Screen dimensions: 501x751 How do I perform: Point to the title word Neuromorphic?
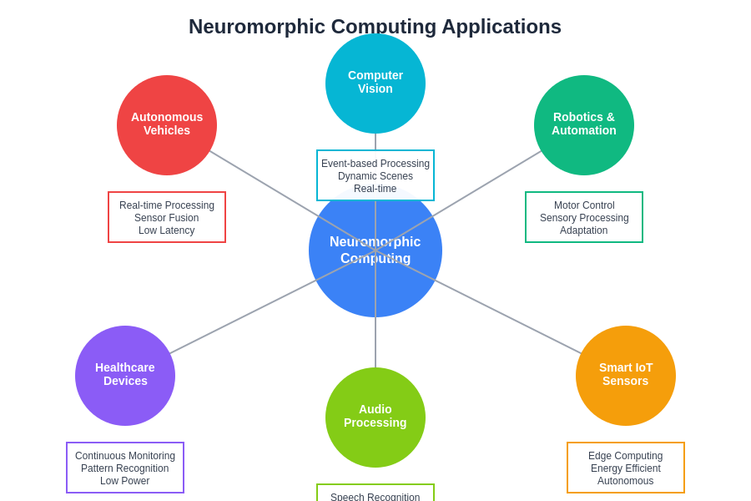[256, 27]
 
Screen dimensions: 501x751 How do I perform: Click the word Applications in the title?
[501, 27]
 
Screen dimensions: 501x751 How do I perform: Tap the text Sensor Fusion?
[167, 218]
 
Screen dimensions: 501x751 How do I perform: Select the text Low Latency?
[167, 230]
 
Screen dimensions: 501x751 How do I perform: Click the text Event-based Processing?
[375, 164]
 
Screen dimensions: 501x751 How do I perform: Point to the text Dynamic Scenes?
[375, 176]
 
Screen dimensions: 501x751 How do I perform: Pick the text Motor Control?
[584, 205]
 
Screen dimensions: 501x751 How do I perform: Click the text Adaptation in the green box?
[584, 230]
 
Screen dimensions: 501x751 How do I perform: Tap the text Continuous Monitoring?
[125, 456]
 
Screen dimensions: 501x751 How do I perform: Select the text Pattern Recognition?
[125, 468]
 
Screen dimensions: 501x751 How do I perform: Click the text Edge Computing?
[626, 456]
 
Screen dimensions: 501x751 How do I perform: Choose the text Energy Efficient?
[626, 468]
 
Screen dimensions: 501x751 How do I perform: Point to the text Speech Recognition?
[375, 497]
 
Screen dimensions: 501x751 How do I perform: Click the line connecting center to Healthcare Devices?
[250, 313]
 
